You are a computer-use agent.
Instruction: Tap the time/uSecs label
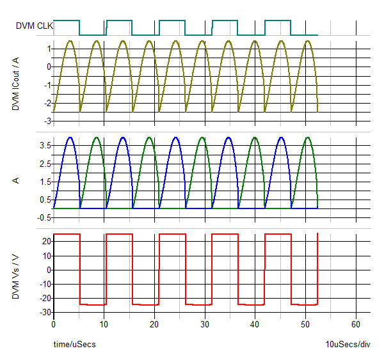click(74, 345)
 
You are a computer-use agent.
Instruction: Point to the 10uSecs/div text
click(348, 345)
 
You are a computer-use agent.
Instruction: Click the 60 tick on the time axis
click(356, 324)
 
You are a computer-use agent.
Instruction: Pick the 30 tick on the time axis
click(205, 324)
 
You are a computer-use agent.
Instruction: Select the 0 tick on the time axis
click(54, 324)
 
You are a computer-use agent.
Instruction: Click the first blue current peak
click(70, 137)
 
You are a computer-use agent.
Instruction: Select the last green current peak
click(308, 137)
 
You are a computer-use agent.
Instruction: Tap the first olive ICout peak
click(69, 41)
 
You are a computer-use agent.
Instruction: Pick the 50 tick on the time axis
click(306, 324)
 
